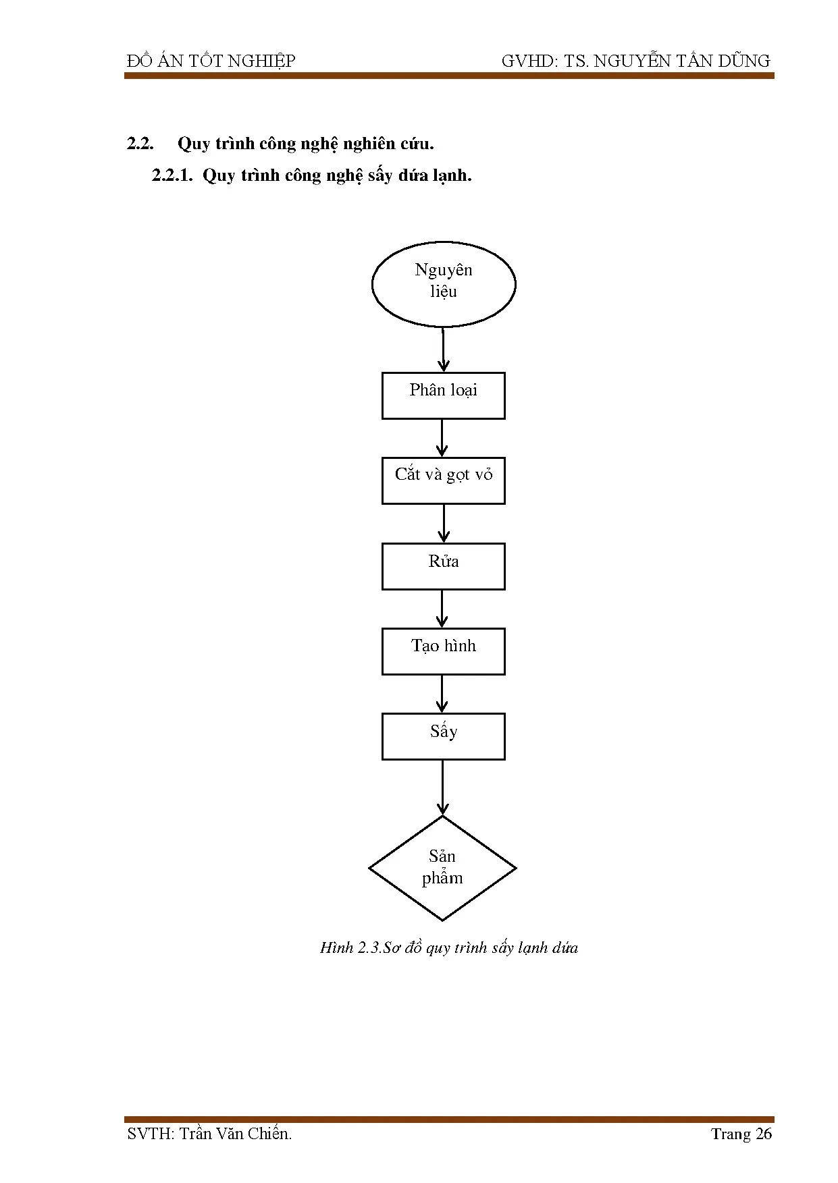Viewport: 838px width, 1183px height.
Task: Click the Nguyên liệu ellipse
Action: [444, 284]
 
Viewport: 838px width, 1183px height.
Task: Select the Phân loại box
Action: [443, 395]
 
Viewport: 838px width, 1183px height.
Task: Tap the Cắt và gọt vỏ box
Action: [443, 480]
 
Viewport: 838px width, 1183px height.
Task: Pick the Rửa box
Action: [443, 566]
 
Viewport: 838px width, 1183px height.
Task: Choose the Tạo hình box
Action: [443, 651]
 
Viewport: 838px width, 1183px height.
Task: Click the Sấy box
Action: [443, 736]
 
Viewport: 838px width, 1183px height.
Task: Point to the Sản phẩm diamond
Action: [442, 868]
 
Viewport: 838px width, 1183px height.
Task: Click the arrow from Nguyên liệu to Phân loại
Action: [443, 350]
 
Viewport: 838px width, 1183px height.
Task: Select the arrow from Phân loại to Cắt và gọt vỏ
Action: [442, 438]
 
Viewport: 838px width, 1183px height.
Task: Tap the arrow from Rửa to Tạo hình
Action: [442, 609]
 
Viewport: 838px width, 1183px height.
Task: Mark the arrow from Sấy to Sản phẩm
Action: [442, 788]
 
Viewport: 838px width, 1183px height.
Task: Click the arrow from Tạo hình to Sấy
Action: [442, 694]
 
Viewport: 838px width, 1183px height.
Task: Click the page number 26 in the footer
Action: [763, 1134]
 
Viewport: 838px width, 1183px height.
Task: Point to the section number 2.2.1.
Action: [172, 175]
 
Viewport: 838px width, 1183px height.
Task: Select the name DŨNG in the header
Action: [745, 61]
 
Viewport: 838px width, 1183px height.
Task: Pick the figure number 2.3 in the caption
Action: [369, 947]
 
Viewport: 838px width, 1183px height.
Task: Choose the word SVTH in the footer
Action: [149, 1134]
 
